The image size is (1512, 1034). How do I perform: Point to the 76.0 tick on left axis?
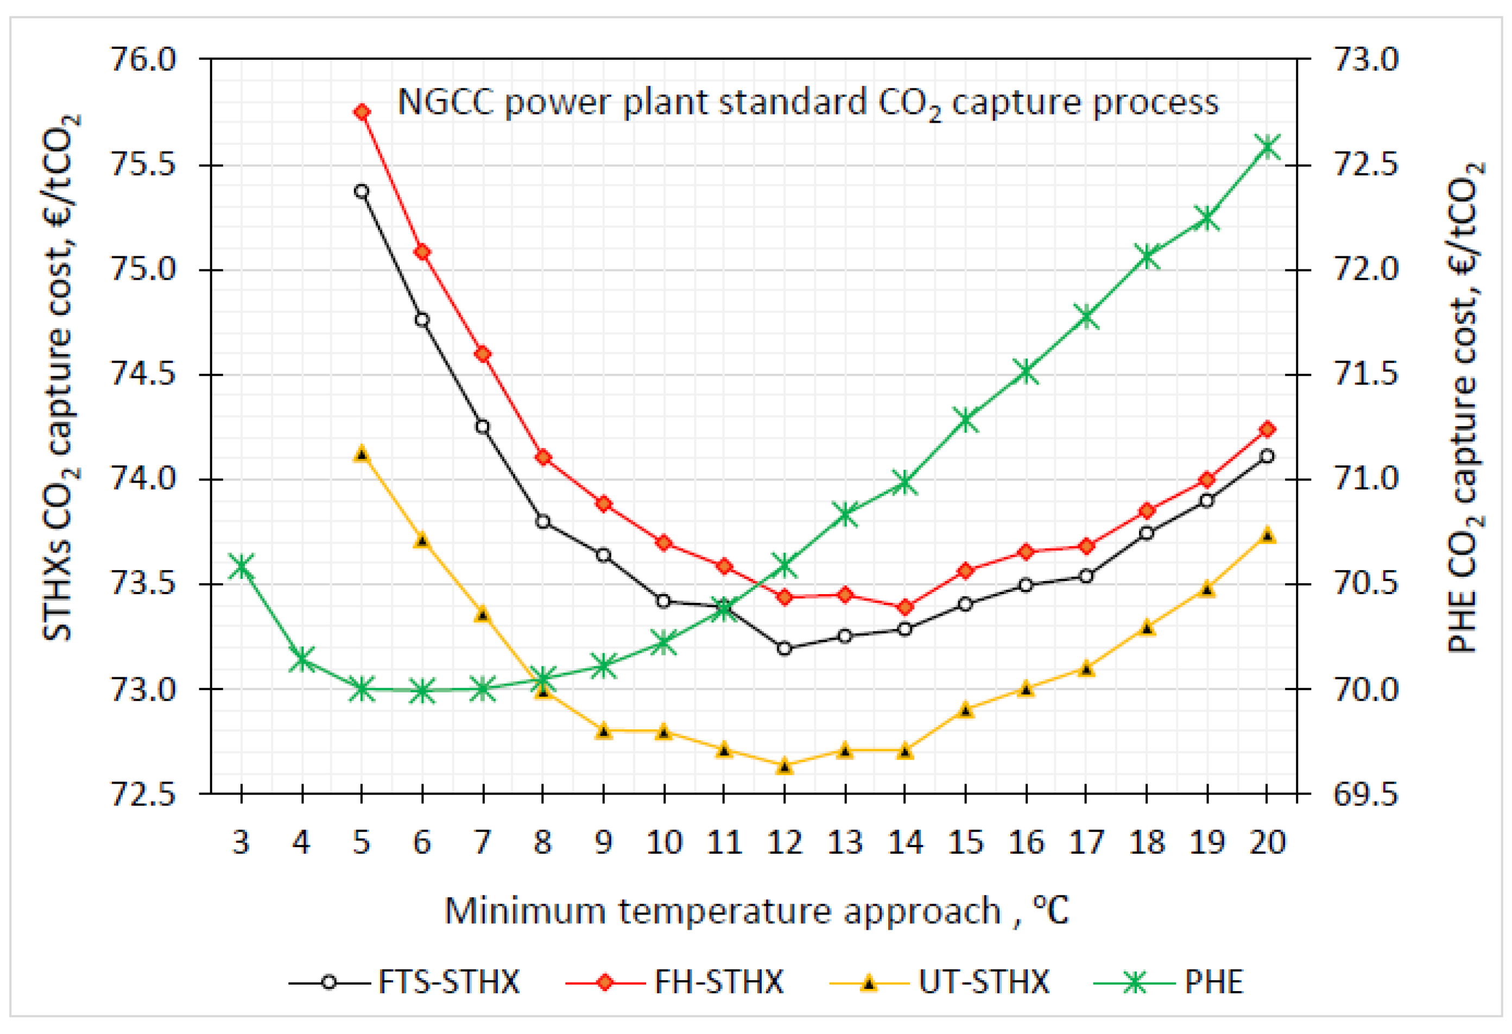[x=143, y=60]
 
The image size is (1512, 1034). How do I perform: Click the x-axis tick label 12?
[x=784, y=843]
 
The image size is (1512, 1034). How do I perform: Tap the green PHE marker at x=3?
[x=242, y=565]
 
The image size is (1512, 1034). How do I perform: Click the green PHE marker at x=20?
[x=1267, y=147]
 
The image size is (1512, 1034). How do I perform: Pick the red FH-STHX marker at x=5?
[x=362, y=112]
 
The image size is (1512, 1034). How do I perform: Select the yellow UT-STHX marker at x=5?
[x=362, y=454]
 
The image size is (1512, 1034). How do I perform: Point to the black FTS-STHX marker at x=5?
[x=362, y=191]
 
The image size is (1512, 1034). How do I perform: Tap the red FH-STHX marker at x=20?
[x=1267, y=430]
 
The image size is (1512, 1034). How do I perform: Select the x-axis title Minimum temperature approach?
[x=722, y=911]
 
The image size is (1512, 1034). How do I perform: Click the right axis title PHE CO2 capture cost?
[x=1464, y=407]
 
